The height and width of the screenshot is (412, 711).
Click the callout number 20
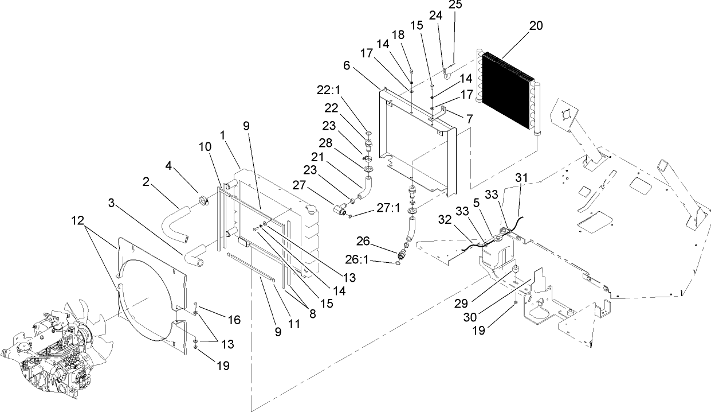coord(536,26)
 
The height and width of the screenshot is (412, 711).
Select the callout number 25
coord(454,5)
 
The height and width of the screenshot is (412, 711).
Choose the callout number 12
coord(79,220)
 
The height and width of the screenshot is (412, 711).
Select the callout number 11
coord(293,324)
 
